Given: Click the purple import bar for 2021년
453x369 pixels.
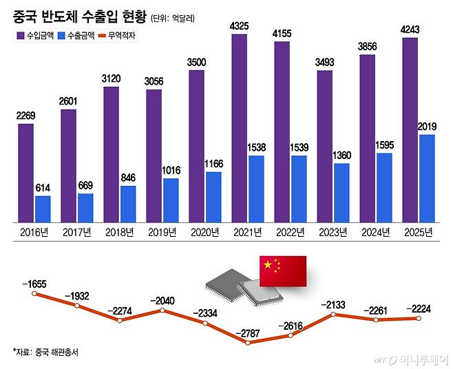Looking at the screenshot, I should click(239, 128).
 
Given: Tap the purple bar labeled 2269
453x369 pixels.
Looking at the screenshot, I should click(25, 173).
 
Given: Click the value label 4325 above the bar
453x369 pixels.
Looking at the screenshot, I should click(239, 26).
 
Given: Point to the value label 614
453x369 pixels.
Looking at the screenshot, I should click(43, 188).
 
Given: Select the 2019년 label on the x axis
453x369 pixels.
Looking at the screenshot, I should click(162, 232).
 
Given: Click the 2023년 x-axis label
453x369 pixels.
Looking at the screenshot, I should click(333, 232).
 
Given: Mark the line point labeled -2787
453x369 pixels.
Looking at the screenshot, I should click(248, 344).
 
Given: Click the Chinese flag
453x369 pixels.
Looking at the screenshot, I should click(282, 270).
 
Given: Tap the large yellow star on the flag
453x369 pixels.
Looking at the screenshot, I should click(268, 264).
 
